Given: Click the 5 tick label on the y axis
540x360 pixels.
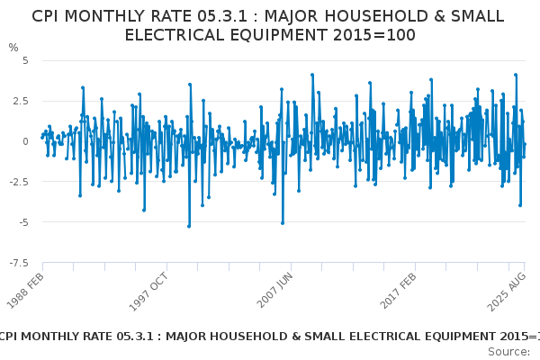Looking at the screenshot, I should pyautogui.click(x=25, y=60).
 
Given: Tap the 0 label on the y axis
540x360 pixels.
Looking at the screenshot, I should pyautogui.click(x=25, y=141).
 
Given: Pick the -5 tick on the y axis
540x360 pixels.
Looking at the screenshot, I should pyautogui.click(x=22, y=222).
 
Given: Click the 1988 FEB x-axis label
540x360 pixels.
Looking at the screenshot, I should pyautogui.click(x=27, y=287).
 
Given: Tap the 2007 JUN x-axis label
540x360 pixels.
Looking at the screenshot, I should pyautogui.click(x=274, y=288).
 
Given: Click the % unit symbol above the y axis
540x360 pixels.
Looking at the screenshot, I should pyautogui.click(x=13, y=48).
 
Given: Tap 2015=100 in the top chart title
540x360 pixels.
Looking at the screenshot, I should pyautogui.click(x=371, y=35).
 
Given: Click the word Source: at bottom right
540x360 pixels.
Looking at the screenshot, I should pyautogui.click(x=508, y=351).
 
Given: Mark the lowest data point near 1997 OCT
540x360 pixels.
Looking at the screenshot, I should pyautogui.click(x=189, y=226).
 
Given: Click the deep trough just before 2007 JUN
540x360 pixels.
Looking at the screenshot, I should pyautogui.click(x=282, y=222).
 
